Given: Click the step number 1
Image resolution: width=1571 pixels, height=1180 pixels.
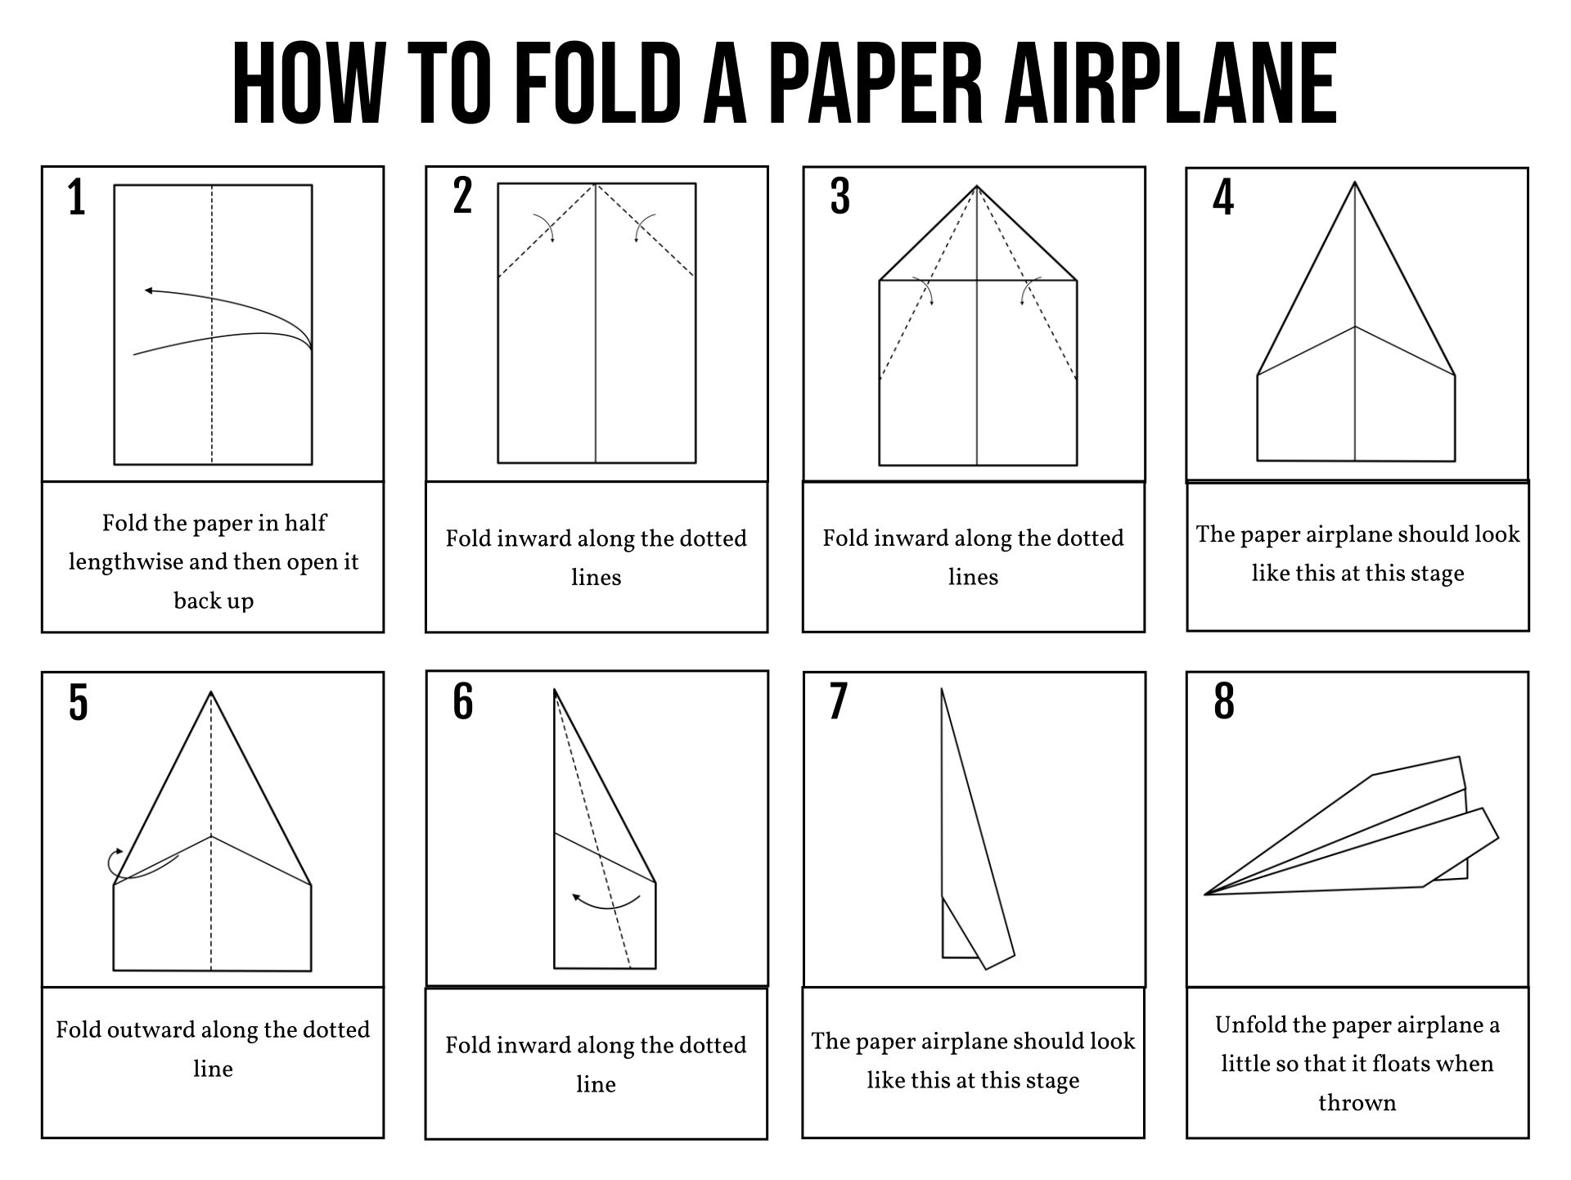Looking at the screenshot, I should click(x=77, y=199).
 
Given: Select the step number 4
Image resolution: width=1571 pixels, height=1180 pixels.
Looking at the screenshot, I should click(x=1222, y=199).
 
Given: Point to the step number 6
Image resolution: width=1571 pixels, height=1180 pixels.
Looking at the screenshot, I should click(x=463, y=702).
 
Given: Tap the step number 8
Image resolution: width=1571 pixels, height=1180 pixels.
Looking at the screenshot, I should click(x=1223, y=702).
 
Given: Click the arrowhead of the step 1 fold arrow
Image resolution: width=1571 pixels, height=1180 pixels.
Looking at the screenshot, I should click(x=148, y=290).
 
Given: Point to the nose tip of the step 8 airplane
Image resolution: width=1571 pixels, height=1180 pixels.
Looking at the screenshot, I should click(x=1207, y=894).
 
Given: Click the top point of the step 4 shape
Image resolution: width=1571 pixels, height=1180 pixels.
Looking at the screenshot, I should click(x=1355, y=183).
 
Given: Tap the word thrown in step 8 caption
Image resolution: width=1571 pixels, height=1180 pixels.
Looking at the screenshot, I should click(x=1357, y=1102).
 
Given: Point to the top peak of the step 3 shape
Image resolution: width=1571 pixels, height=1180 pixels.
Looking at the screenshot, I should click(x=977, y=187).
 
